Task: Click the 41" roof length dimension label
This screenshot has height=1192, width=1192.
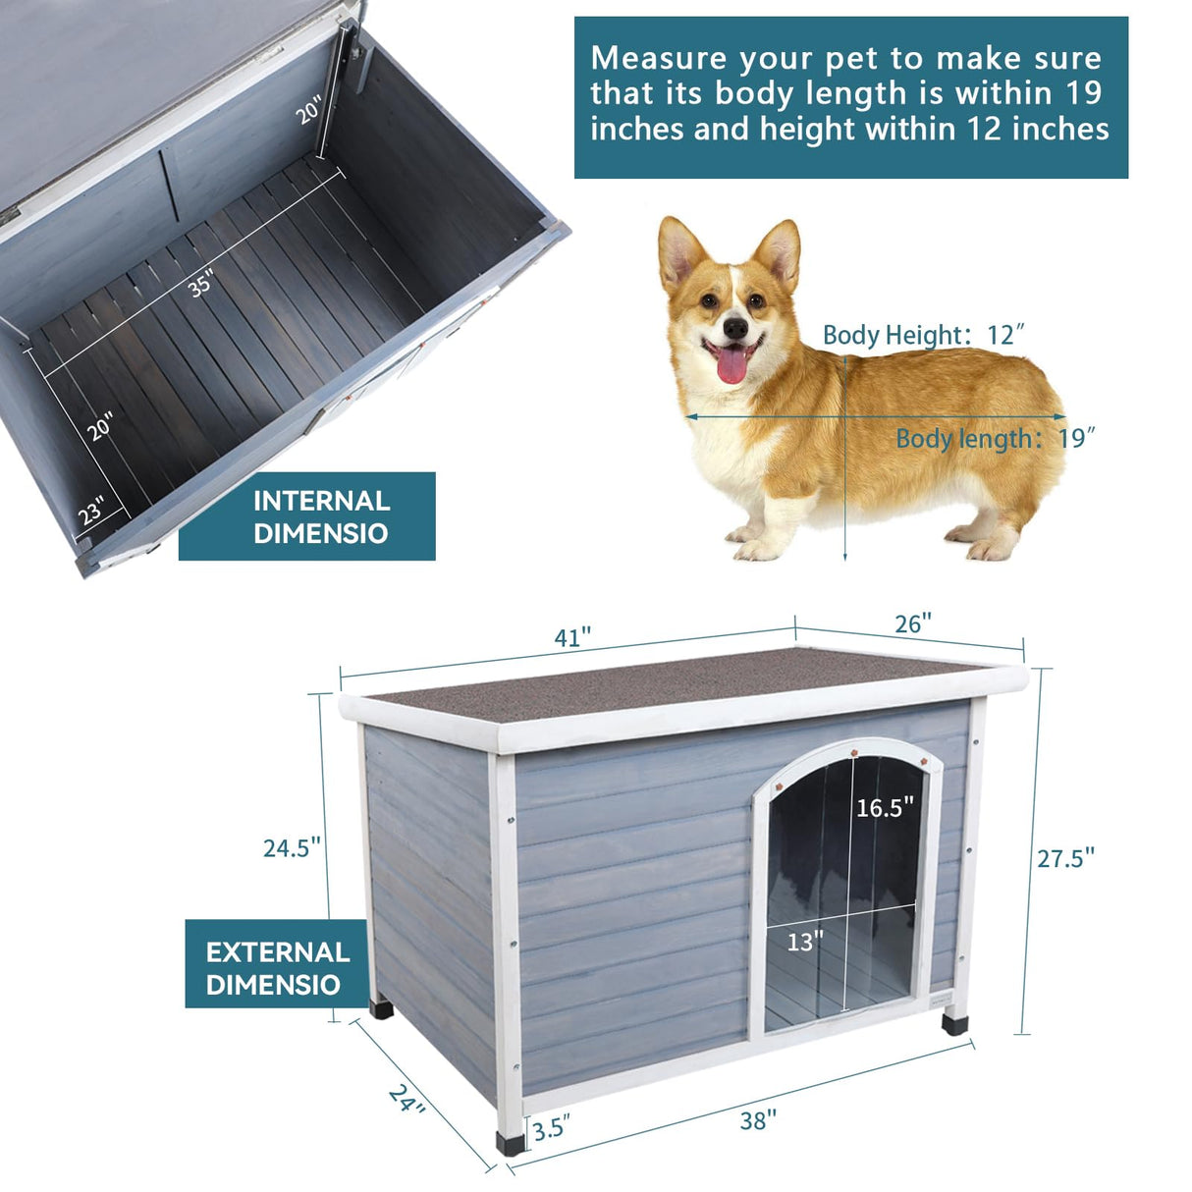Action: (x=572, y=637)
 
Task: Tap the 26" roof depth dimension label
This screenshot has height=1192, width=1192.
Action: (x=913, y=623)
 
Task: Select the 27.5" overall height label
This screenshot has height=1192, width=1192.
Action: (x=1065, y=858)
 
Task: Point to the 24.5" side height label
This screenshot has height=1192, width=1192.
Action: (x=292, y=847)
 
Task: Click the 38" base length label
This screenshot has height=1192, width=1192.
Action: (x=758, y=1119)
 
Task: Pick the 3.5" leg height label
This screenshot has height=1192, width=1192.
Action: (x=551, y=1128)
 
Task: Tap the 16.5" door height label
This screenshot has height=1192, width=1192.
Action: (x=885, y=807)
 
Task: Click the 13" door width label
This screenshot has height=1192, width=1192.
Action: (x=805, y=943)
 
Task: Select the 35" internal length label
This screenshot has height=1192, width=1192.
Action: (x=201, y=285)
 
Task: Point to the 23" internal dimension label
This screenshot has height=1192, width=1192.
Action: (x=91, y=512)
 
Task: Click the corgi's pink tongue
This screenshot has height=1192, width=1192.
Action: (x=731, y=365)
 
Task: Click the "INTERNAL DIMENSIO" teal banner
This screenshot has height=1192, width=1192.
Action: (x=306, y=516)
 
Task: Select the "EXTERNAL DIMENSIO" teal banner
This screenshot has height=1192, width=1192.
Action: (x=277, y=967)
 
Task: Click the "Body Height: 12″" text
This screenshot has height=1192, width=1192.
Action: (x=923, y=336)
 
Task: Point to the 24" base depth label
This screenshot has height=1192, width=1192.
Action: (x=407, y=1099)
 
